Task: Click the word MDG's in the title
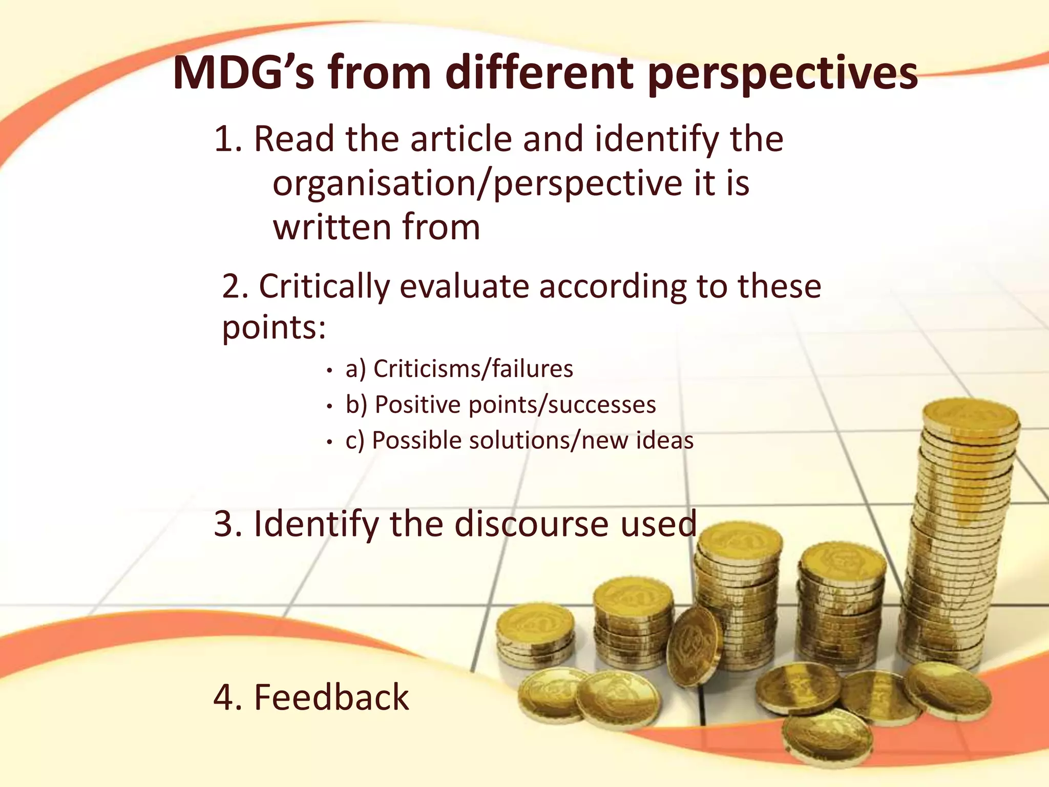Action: coord(243,73)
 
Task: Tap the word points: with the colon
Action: coord(274,328)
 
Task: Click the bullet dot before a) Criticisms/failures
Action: coord(330,370)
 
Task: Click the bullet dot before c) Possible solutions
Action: coord(330,442)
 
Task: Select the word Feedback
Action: coord(331,698)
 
